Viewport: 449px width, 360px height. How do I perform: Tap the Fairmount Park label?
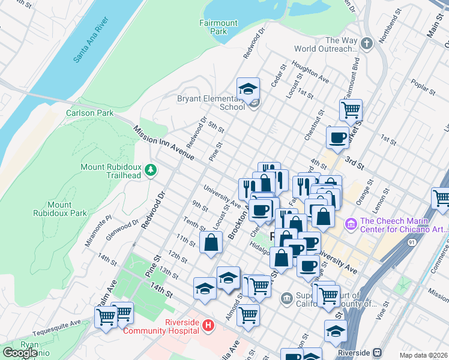click(x=218, y=27)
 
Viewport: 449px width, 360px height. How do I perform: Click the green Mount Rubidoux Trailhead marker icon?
click(x=151, y=171)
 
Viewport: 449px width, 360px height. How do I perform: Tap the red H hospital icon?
click(x=208, y=326)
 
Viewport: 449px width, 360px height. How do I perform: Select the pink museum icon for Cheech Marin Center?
click(x=351, y=224)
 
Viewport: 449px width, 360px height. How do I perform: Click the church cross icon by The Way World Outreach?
click(x=367, y=44)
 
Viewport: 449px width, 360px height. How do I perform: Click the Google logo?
click(x=20, y=353)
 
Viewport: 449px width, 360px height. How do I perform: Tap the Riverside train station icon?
click(x=377, y=353)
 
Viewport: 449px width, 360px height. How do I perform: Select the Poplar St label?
click(x=424, y=87)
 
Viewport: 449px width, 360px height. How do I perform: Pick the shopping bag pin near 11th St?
click(x=211, y=243)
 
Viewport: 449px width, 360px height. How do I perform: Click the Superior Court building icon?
click(x=286, y=296)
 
